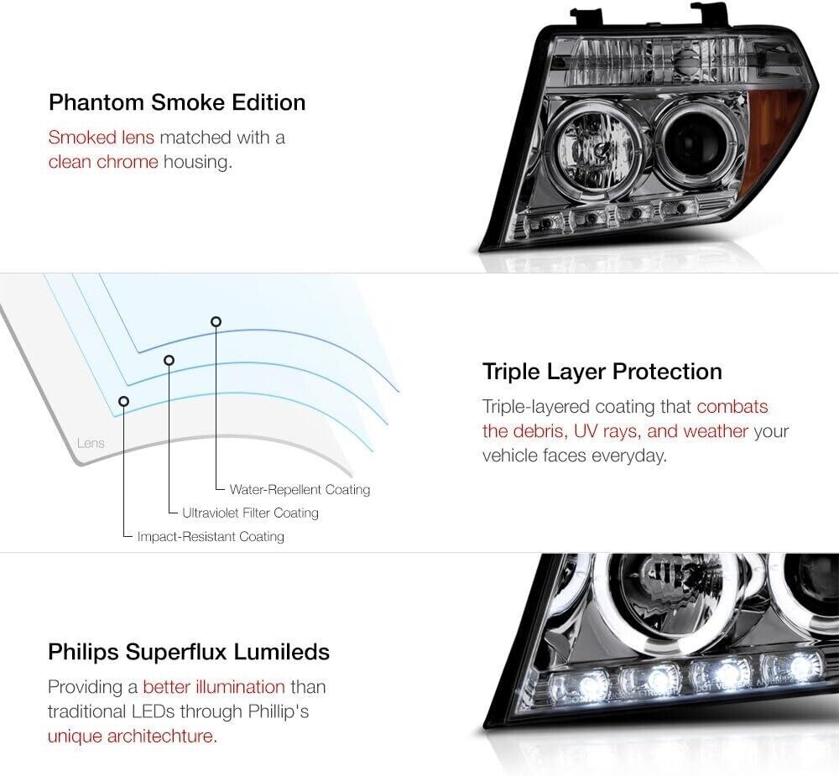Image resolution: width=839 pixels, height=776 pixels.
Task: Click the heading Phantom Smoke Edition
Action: pyautogui.click(x=177, y=102)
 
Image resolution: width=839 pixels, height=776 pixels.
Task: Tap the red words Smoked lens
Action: pyautogui.click(x=102, y=138)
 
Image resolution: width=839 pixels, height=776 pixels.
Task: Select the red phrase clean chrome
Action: pyautogui.click(x=103, y=162)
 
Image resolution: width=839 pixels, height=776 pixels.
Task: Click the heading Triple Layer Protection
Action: pyautogui.click(x=602, y=372)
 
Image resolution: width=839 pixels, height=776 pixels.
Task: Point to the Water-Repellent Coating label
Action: pyautogui.click(x=300, y=490)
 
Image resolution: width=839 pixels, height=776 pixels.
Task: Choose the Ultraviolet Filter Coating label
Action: pyautogui.click(x=250, y=513)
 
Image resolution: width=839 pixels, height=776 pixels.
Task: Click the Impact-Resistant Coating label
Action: pyautogui.click(x=211, y=536)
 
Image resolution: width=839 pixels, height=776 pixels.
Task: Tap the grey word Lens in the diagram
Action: pyautogui.click(x=91, y=443)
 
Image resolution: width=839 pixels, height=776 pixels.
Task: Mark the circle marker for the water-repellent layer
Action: pyautogui.click(x=216, y=321)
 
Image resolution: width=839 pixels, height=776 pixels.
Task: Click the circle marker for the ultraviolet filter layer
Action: pyautogui.click(x=169, y=360)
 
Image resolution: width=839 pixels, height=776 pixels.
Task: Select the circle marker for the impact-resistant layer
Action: pyautogui.click(x=123, y=401)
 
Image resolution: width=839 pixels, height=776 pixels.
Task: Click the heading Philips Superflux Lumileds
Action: pyautogui.click(x=189, y=652)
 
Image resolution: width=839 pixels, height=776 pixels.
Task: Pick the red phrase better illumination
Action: pyautogui.click(x=214, y=686)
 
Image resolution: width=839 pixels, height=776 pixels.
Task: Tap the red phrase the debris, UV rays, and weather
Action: pyautogui.click(x=615, y=431)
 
